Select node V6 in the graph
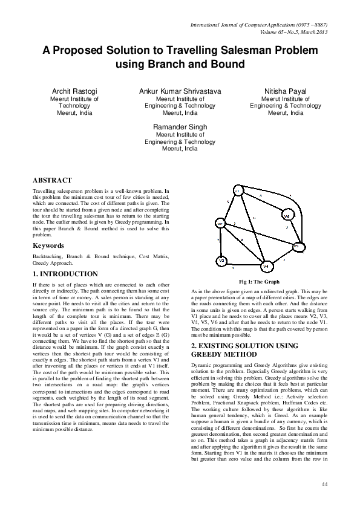pos(287,215)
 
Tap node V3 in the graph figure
pos(222,261)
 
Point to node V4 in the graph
pos(265,266)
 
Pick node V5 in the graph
pos(296,246)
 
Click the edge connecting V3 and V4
pos(244,264)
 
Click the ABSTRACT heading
pos(52,180)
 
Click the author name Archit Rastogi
pos(75,91)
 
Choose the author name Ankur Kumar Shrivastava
pos(180,91)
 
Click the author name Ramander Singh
pos(180,127)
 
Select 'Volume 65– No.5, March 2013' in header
pos(292,31)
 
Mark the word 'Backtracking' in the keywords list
pos(47,256)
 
